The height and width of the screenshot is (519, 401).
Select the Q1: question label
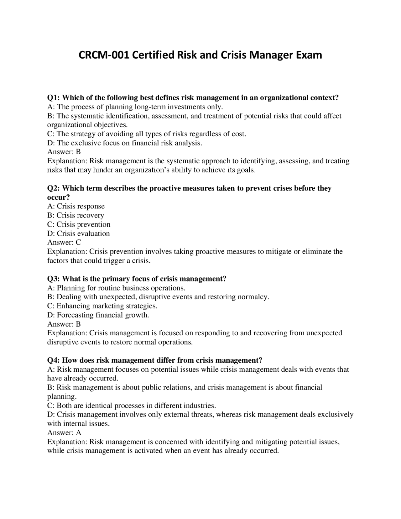pyautogui.click(x=54, y=98)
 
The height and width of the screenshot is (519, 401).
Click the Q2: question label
pyautogui.click(x=54, y=188)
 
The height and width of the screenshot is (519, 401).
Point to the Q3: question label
pyautogui.click(x=54, y=279)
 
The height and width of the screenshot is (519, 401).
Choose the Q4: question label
pyautogui.click(x=54, y=360)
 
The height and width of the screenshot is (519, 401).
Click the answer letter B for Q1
pyautogui.click(x=78, y=152)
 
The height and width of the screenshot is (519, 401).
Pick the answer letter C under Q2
pyautogui.click(x=78, y=243)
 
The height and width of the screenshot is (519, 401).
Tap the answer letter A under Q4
pyautogui.click(x=79, y=433)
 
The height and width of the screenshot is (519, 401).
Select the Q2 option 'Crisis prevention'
pyautogui.click(x=83, y=224)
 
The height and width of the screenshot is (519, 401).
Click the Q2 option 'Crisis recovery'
pyautogui.click(x=80, y=215)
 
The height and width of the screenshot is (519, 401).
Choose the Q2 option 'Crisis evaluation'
pyautogui.click(x=83, y=233)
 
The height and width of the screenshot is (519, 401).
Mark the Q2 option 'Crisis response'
pyautogui.click(x=81, y=206)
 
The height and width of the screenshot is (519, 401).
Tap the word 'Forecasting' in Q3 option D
pyautogui.click(x=75, y=315)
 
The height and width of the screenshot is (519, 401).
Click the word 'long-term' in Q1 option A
pyautogui.click(x=149, y=107)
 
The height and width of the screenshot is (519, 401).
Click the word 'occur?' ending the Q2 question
pyautogui.click(x=58, y=197)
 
